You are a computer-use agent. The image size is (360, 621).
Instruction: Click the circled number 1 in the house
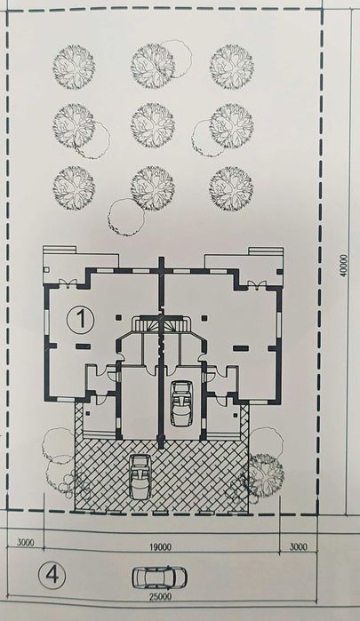pyautogui.click(x=81, y=320)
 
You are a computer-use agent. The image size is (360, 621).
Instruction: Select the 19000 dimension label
pyautogui.click(x=162, y=547)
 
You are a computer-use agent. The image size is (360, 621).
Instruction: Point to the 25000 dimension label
pyautogui.click(x=160, y=596)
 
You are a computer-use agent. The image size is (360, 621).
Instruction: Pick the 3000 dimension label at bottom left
pyautogui.click(x=26, y=543)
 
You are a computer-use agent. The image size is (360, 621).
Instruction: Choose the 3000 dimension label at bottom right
pyautogui.click(x=299, y=547)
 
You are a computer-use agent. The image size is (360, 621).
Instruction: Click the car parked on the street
pyautogui.click(x=159, y=577)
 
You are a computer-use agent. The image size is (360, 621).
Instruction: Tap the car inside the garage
pyautogui.click(x=180, y=403)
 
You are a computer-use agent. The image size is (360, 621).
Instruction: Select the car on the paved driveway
pyautogui.click(x=140, y=477)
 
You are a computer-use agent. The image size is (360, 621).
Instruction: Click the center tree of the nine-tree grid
pyautogui.click(x=153, y=124)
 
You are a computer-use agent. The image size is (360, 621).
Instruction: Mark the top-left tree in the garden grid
pyautogui.click(x=74, y=67)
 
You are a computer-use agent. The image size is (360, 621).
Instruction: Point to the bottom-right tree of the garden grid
pyautogui.click(x=231, y=187)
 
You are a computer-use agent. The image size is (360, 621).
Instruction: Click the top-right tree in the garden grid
pyautogui.click(x=231, y=66)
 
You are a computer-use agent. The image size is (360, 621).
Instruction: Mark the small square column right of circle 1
pyautogui.click(x=118, y=317)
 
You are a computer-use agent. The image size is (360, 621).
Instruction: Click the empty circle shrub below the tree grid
pyautogui.click(x=126, y=218)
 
